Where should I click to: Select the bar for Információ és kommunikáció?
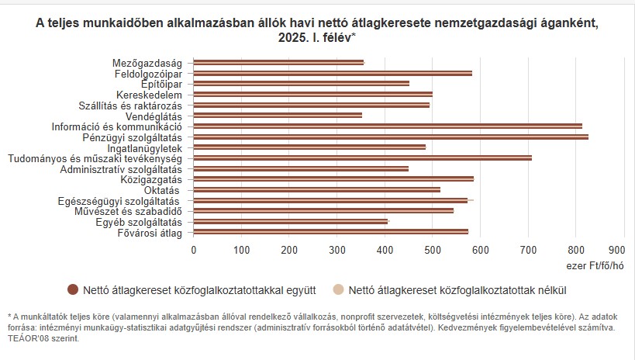click(x=388, y=126)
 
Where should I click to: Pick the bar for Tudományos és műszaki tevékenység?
click(x=362, y=157)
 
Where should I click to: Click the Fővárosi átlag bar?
click(x=330, y=231)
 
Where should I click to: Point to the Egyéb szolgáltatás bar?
click(x=290, y=221)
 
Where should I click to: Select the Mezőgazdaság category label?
click(x=147, y=62)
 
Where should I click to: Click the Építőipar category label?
click(x=161, y=83)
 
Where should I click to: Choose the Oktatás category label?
click(x=161, y=190)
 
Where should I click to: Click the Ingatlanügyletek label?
click(x=144, y=147)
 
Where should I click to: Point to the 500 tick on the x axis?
click(x=433, y=250)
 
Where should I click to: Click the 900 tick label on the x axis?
click(x=616, y=250)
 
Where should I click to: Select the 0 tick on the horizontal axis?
click(x=194, y=250)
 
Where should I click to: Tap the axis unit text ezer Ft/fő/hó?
click(x=595, y=265)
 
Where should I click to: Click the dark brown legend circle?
click(x=73, y=290)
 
